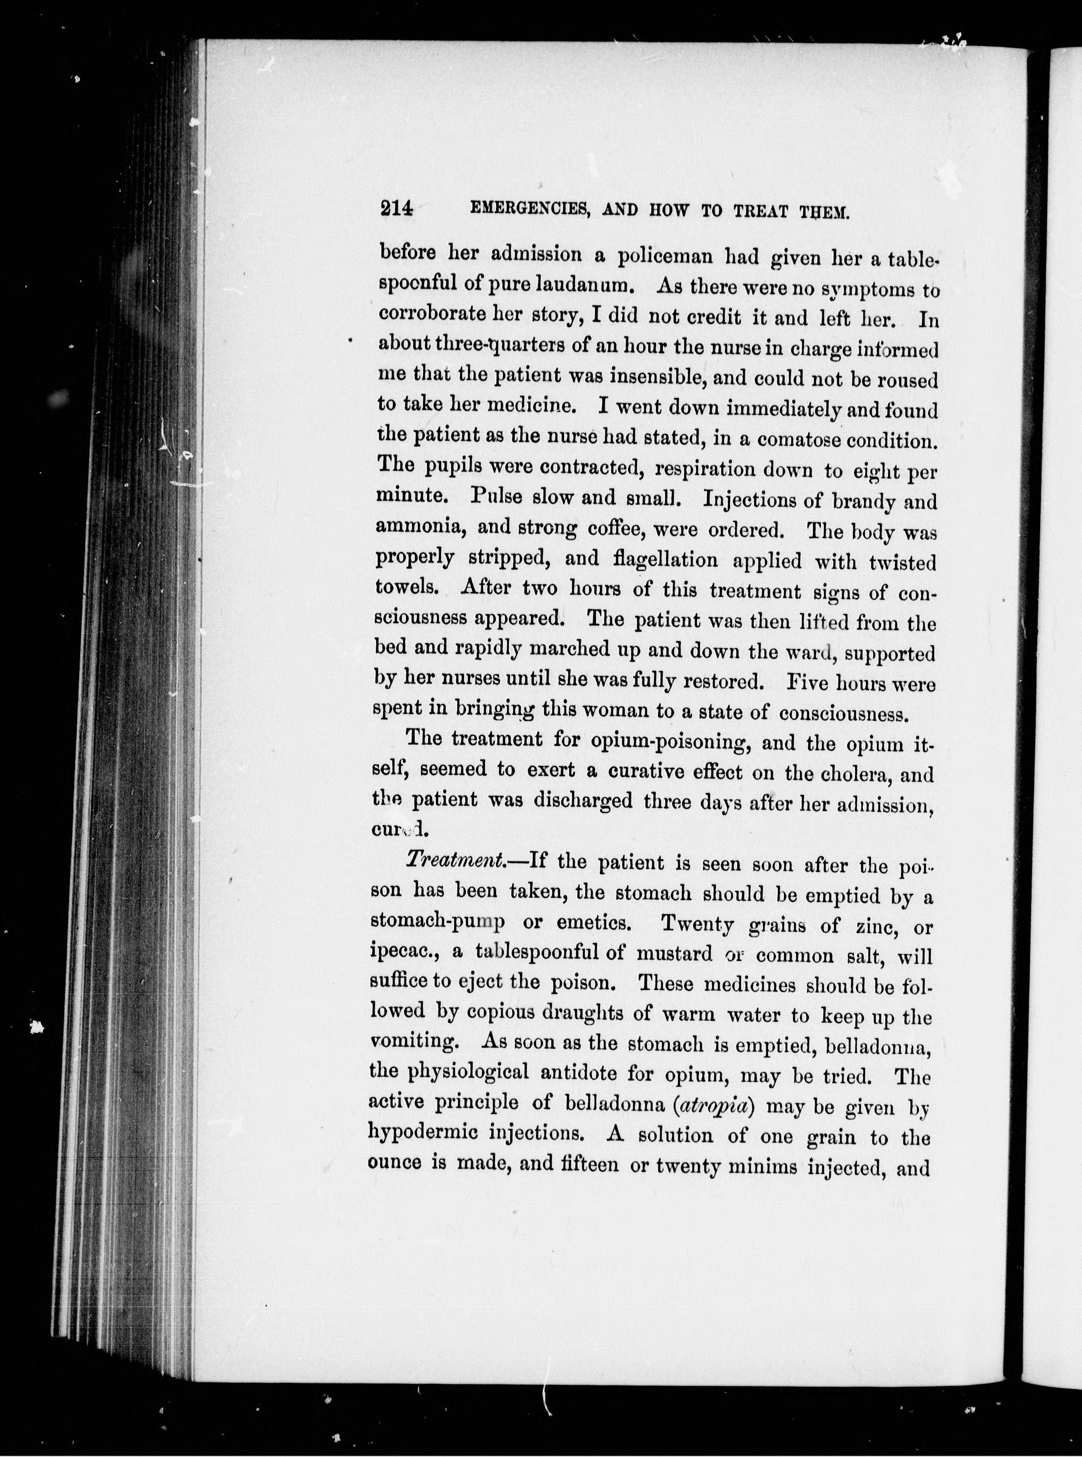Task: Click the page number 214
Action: (396, 208)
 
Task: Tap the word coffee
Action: (615, 528)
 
